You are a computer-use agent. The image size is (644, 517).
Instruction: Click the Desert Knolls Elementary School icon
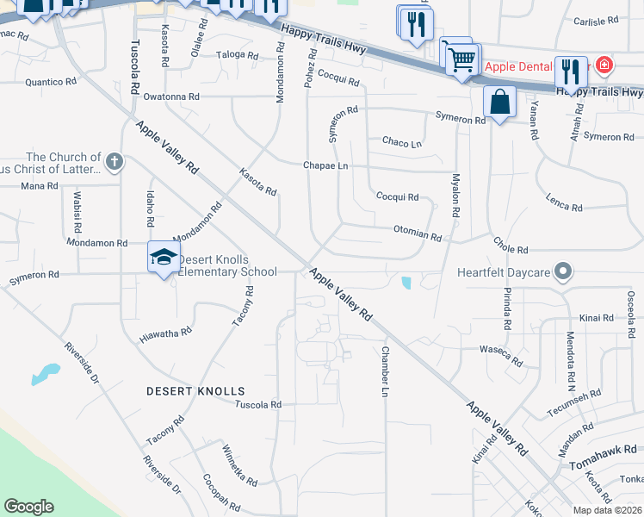(164, 257)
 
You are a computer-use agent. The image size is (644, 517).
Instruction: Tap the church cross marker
(115, 161)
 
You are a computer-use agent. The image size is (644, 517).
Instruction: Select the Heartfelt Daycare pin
(563, 272)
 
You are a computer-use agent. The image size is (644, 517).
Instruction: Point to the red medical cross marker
(604, 65)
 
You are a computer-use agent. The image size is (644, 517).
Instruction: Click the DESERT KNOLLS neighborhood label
(195, 391)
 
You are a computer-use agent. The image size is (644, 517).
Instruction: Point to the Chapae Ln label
(325, 165)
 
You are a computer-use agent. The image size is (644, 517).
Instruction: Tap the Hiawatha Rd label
(166, 335)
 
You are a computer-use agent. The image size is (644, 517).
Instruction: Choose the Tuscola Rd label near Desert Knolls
(258, 404)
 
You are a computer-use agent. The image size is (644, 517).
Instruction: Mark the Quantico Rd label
(52, 82)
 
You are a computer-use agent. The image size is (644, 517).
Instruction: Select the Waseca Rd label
(501, 356)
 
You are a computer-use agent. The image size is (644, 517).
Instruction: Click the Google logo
(28, 507)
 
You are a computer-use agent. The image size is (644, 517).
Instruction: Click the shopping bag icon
(499, 103)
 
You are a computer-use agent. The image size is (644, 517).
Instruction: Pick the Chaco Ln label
(402, 142)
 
